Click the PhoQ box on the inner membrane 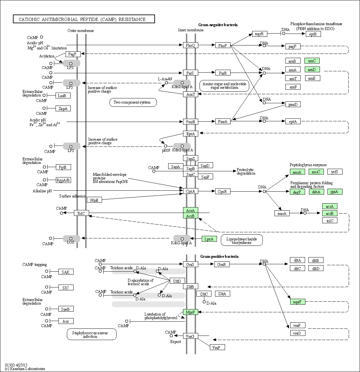pyautogui.click(x=190, y=45)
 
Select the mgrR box pyautogui.click(x=259, y=34)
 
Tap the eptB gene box pyautogui.click(x=313, y=34)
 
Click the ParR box pyautogui.click(x=223, y=73)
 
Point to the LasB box pyautogui.click(x=63, y=96)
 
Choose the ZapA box pyautogui.click(x=63, y=108)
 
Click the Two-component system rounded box pyautogui.click(x=133, y=103)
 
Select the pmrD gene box pyautogui.click(x=293, y=104)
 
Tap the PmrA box pyautogui.click(x=223, y=121)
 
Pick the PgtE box pyautogui.click(x=63, y=167)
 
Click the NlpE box pyautogui.click(x=94, y=200)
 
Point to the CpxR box pyautogui.click(x=222, y=191)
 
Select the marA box pyautogui.click(x=282, y=213)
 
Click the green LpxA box pyautogui.click(x=209, y=239)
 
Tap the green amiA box pyautogui.click(x=297, y=172)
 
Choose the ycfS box pyautogui.click(x=335, y=172)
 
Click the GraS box pyautogui.click(x=190, y=264)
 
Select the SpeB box pyautogui.click(x=66, y=309)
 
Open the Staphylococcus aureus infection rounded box pyautogui.click(x=92, y=334)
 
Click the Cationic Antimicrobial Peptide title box pyautogui.click(x=84, y=19)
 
